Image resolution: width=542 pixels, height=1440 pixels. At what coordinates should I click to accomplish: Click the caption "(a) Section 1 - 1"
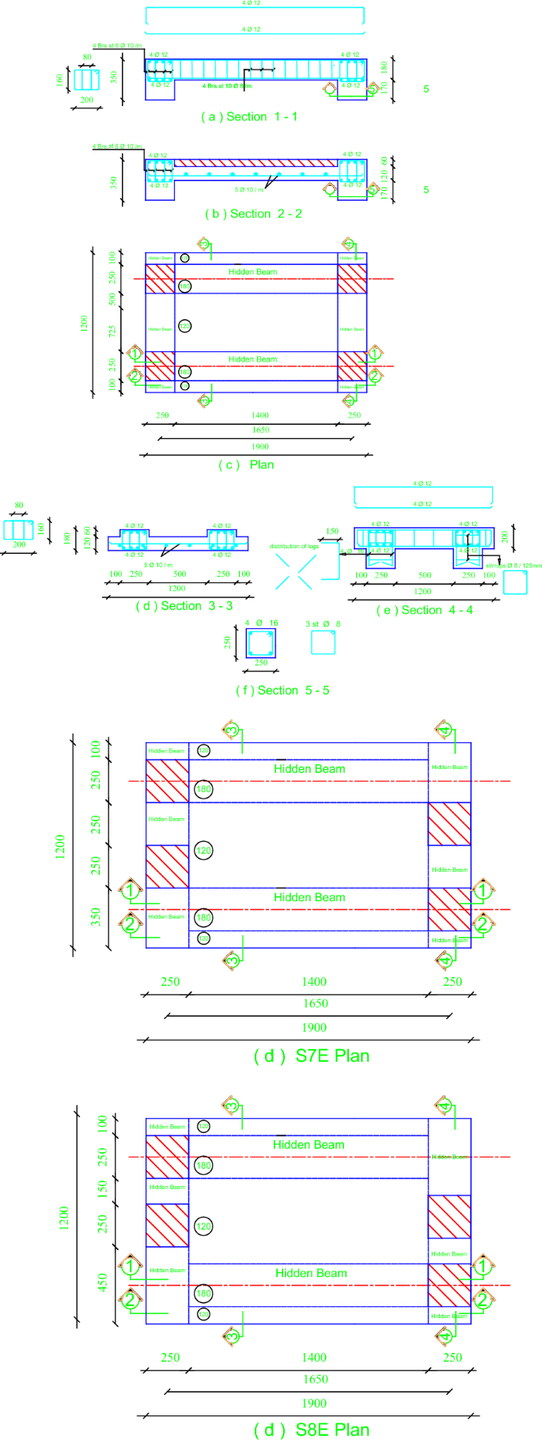pyautogui.click(x=249, y=116)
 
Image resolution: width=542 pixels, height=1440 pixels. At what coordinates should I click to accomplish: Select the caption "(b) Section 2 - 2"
pyautogui.click(x=253, y=214)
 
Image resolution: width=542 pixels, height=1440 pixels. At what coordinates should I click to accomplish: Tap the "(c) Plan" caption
pyautogui.click(x=246, y=464)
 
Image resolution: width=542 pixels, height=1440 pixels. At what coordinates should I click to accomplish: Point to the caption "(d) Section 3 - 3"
pyautogui.click(x=184, y=605)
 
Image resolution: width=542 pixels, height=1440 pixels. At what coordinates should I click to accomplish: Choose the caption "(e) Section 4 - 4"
pyautogui.click(x=425, y=610)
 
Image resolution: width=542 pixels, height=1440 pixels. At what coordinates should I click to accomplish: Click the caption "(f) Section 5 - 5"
pyautogui.click(x=282, y=690)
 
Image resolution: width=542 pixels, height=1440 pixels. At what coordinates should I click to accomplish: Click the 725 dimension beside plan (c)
pyautogui.click(x=112, y=332)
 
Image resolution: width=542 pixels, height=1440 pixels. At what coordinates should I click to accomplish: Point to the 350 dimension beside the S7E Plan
pyautogui.click(x=96, y=917)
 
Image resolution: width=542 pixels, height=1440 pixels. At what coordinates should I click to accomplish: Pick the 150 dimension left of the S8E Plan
pyautogui.click(x=102, y=1188)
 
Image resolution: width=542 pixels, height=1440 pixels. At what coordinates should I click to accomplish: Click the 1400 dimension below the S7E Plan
pyautogui.click(x=314, y=981)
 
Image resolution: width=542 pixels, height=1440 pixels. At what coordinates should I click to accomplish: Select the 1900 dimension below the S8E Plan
pyautogui.click(x=314, y=1403)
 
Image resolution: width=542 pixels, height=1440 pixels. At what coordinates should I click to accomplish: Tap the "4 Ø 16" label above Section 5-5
pyautogui.click(x=261, y=623)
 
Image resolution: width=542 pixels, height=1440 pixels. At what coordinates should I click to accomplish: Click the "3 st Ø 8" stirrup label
pyautogui.click(x=323, y=624)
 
